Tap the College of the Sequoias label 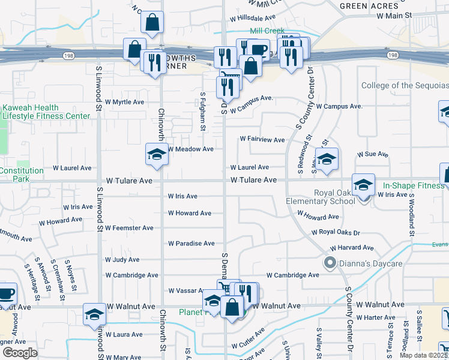click(405, 86)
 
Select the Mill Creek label click(267, 31)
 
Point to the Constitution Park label click(22, 175)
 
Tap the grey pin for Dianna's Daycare click(330, 262)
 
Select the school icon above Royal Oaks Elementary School click(363, 185)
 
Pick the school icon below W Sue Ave click(327, 159)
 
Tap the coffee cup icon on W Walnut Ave click(6, 293)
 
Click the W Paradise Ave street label click(191, 244)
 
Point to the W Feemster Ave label click(129, 228)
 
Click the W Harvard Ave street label click(352, 247)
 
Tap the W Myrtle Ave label click(124, 102)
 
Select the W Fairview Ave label click(262, 139)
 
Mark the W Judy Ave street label click(122, 260)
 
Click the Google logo click(20, 353)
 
